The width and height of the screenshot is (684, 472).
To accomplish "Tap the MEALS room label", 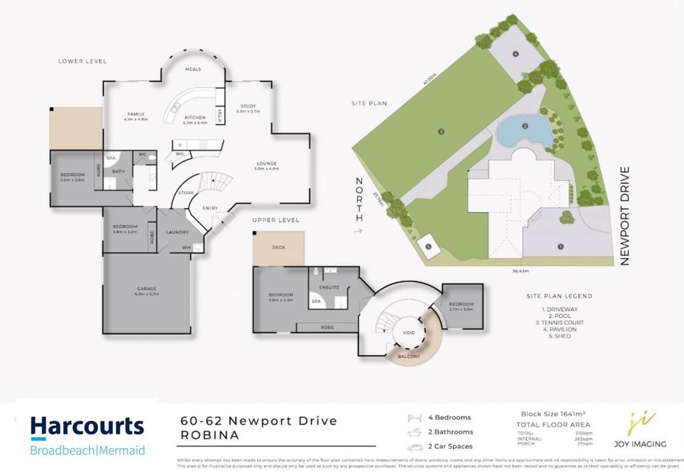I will [x=193, y=70].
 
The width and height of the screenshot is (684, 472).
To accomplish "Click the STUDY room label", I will [x=248, y=106].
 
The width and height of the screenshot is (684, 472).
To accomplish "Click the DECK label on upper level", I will [x=278, y=248].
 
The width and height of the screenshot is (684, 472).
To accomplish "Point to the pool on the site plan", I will [x=523, y=131].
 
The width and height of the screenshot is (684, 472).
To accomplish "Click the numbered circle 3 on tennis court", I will [x=441, y=132].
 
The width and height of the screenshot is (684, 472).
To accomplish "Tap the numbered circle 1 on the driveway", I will [x=560, y=246].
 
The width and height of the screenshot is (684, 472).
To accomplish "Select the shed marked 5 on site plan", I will [x=428, y=247].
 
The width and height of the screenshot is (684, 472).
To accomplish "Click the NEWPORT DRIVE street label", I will [x=624, y=214].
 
